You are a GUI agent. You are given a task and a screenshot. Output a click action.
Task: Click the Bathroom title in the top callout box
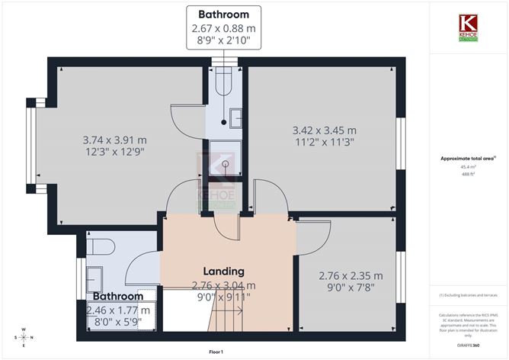(x=223, y=14)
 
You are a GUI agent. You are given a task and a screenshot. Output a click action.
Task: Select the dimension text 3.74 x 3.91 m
(x=114, y=140)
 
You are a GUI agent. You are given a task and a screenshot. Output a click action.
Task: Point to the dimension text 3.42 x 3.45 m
(x=324, y=130)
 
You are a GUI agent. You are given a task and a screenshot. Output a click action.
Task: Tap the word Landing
(x=223, y=271)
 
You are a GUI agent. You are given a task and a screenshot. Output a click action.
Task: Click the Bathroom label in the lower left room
(x=118, y=296)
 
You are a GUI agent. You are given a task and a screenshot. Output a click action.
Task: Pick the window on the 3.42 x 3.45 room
(x=399, y=141)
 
